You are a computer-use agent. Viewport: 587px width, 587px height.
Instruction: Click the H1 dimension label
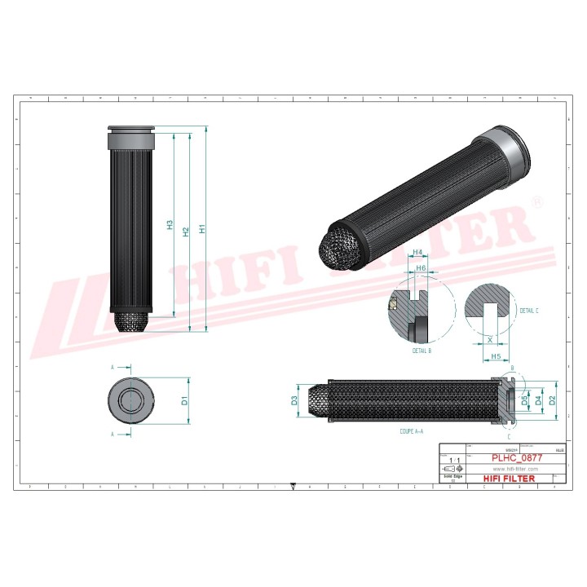202,230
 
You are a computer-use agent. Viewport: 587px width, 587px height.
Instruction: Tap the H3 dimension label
170,225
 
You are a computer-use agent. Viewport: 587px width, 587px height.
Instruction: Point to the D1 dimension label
185,400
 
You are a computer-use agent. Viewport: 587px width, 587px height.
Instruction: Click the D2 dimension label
552,399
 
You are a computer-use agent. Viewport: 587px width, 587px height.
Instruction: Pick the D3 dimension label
293,400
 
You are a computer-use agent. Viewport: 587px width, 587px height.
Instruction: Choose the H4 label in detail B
417,253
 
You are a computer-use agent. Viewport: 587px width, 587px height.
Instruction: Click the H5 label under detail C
495,356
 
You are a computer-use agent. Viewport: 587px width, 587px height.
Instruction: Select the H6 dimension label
421,267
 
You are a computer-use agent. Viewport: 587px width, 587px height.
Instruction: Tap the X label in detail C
489,338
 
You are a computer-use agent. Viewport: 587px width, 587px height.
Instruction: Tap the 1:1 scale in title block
454,461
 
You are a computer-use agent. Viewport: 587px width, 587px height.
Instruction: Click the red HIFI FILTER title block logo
510,479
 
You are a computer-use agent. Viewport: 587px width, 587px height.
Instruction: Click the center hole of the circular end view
131,400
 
